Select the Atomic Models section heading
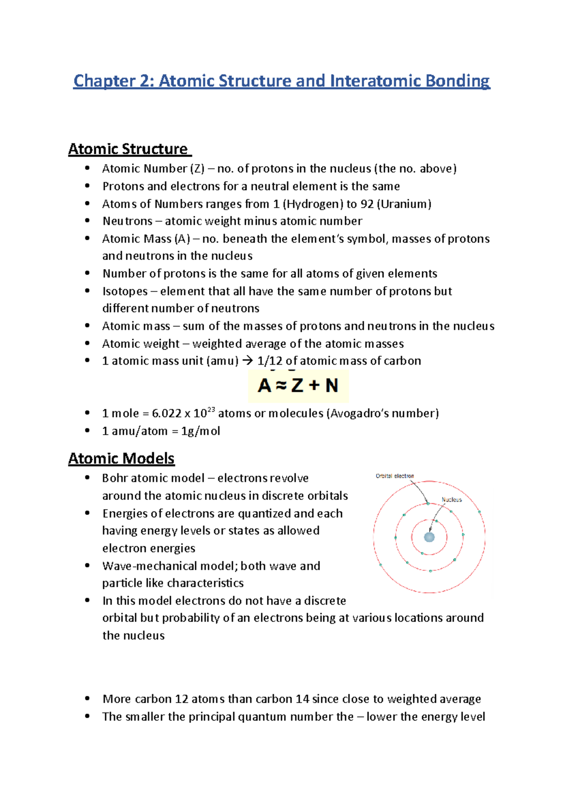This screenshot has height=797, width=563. point(122,458)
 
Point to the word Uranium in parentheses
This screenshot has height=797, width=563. point(404,204)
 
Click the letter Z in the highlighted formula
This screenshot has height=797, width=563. point(297,386)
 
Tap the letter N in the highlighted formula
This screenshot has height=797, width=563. point(332,386)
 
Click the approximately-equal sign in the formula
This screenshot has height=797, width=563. point(280,386)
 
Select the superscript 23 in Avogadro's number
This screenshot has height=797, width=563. point(211,409)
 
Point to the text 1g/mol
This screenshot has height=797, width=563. point(200,431)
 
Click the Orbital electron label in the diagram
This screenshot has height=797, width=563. point(395,476)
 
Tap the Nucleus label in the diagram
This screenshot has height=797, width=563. point(452,499)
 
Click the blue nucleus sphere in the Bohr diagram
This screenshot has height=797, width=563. point(429,537)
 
